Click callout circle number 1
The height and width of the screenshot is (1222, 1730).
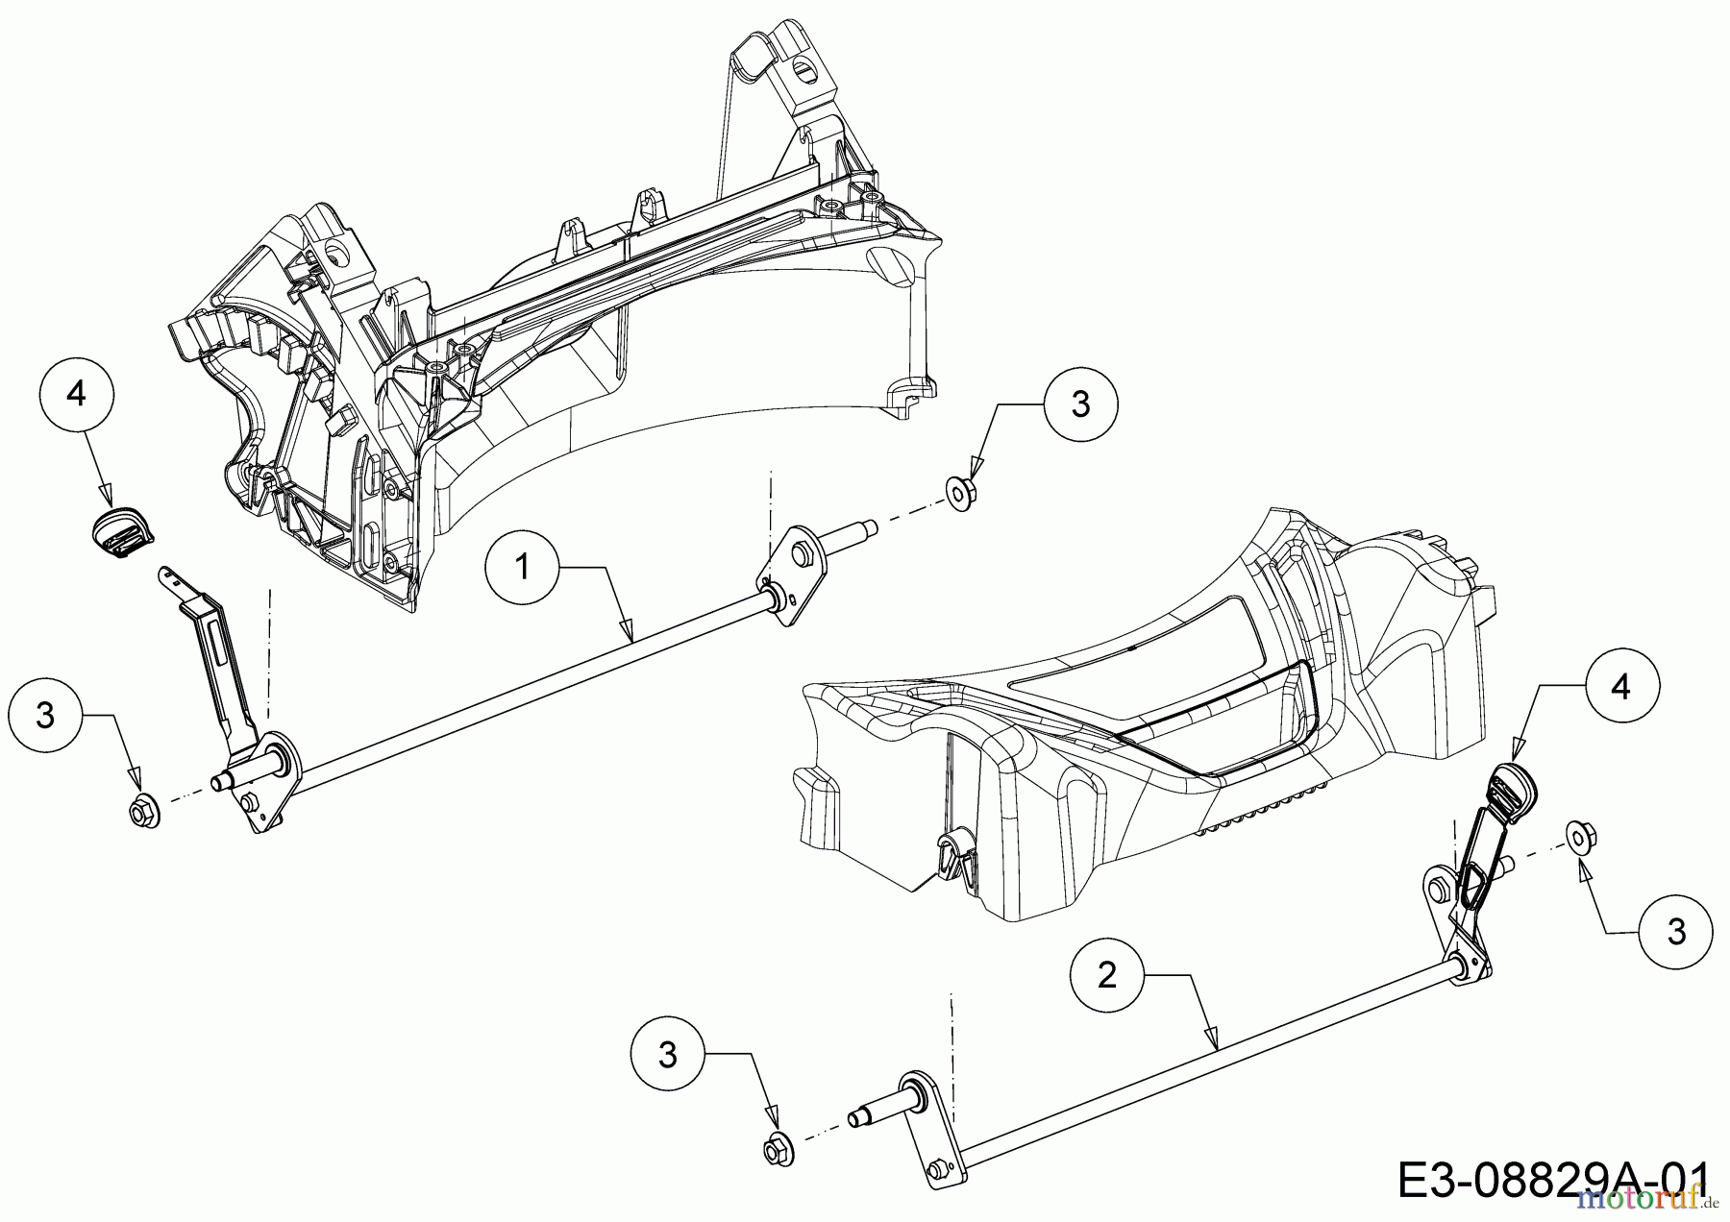click(523, 568)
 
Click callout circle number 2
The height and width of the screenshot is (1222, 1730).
click(1107, 976)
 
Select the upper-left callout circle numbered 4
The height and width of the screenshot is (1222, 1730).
click(77, 394)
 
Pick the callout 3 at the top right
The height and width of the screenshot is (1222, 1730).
click(1080, 404)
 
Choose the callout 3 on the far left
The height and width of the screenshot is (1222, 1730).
click(45, 716)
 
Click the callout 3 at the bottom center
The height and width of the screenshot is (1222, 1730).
click(668, 1055)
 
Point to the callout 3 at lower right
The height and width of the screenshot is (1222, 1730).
click(1676, 932)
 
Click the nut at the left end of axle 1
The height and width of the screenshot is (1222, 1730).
click(145, 812)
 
